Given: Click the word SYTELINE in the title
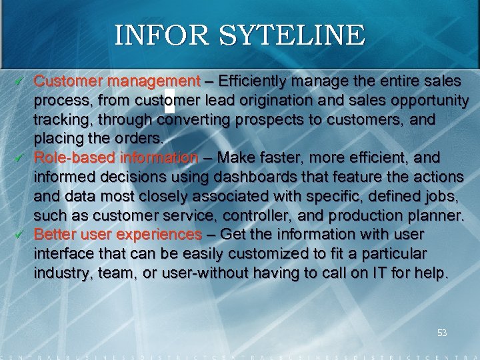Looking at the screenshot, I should tap(287, 35).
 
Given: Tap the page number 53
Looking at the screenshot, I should tap(441, 333).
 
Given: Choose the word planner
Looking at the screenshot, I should tap(437, 216).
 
